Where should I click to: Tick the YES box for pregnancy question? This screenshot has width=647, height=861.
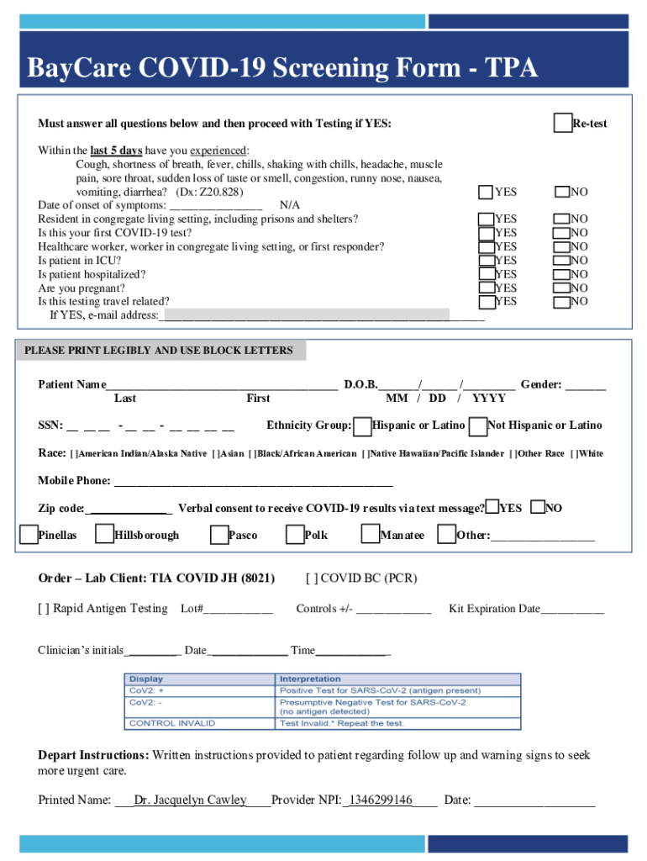(486, 288)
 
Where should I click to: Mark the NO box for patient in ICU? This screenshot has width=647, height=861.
(560, 261)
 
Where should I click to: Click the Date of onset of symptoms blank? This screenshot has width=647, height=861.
(216, 205)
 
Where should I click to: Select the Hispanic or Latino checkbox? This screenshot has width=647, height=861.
(362, 426)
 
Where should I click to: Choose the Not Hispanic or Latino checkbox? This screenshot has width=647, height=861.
(478, 426)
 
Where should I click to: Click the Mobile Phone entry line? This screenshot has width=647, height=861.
(252, 482)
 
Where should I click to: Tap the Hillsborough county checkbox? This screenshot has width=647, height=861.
(104, 535)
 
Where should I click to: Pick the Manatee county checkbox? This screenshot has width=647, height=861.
(371, 535)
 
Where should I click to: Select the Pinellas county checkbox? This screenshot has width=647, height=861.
(29, 535)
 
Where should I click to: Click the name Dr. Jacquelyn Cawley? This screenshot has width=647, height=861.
(191, 800)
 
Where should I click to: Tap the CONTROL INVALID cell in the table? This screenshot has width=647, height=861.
(172, 722)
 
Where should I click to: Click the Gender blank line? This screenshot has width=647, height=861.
(585, 386)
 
